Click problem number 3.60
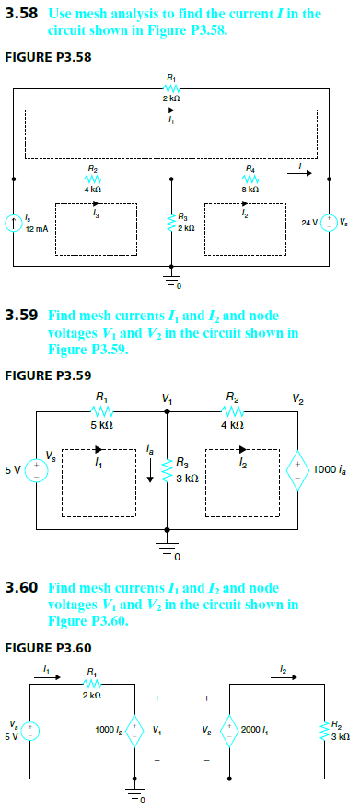[22, 586]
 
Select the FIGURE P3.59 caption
[48, 375]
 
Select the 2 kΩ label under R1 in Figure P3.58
[171, 97]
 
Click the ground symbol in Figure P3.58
[171, 280]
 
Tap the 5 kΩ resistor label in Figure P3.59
[101, 426]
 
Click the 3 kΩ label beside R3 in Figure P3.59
[184, 478]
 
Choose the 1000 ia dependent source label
[328, 471]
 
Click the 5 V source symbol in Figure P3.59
[37, 469]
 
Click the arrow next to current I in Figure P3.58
[309, 172]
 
